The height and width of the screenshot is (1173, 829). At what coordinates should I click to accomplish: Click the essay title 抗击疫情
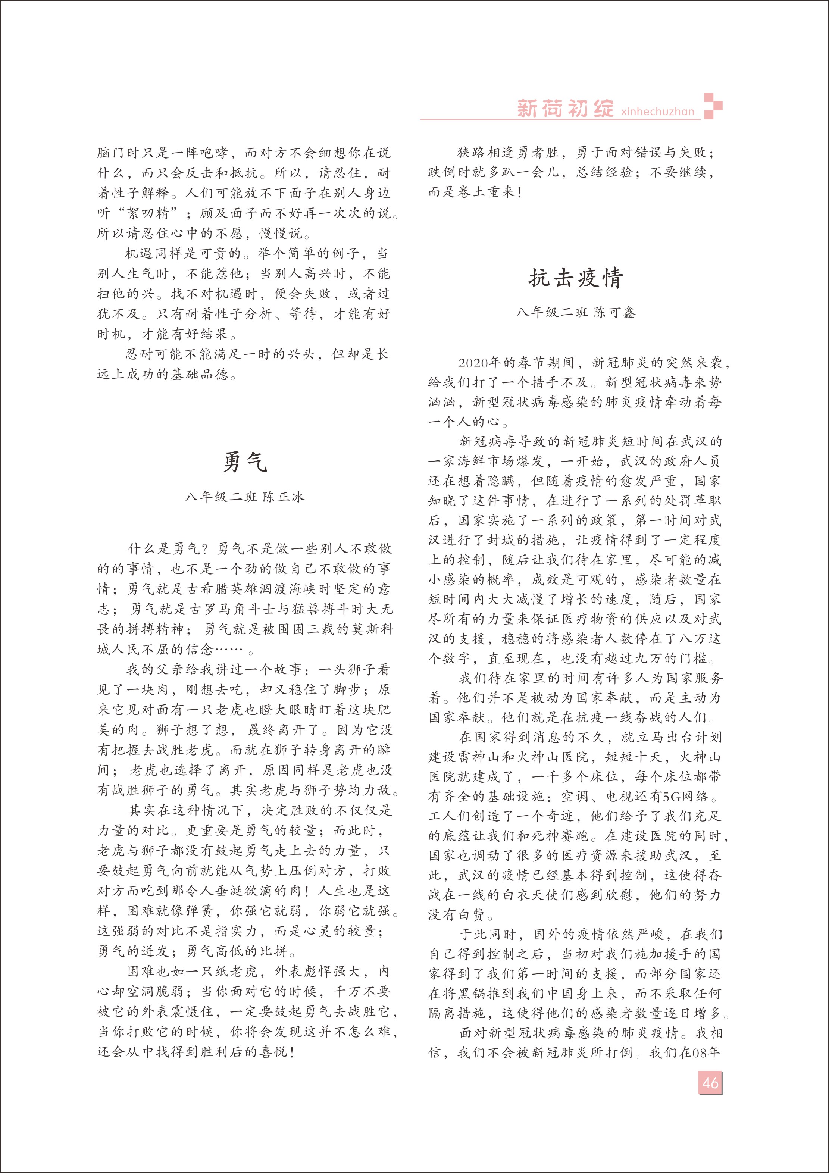click(575, 278)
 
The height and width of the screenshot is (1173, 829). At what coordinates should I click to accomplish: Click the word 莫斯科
click(372, 629)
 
